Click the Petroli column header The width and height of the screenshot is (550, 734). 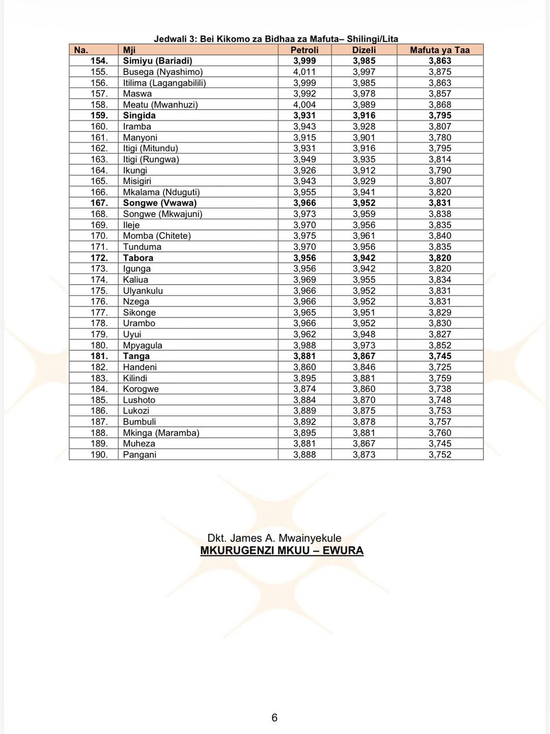304,50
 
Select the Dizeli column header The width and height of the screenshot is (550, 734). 364,50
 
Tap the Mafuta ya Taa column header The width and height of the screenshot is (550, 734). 439,50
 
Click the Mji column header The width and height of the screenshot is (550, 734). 129,50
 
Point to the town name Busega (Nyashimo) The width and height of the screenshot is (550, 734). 162,72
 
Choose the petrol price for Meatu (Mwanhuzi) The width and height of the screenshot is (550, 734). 304,104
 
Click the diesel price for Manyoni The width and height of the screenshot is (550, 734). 364,138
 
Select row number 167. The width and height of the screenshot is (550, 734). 99,203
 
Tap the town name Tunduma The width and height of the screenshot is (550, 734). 142,247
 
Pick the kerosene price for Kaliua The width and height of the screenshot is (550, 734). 439,279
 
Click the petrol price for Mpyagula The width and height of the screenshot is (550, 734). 304,345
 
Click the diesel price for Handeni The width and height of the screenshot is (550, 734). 364,367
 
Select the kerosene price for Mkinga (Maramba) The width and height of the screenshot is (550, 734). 439,433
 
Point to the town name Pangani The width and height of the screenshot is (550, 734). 140,455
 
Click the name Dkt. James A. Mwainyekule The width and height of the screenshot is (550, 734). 274,538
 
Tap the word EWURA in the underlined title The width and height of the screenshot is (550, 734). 343,550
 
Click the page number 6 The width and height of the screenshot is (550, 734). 274,718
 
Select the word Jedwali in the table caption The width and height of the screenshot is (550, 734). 170,39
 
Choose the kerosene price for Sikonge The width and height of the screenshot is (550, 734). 439,312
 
